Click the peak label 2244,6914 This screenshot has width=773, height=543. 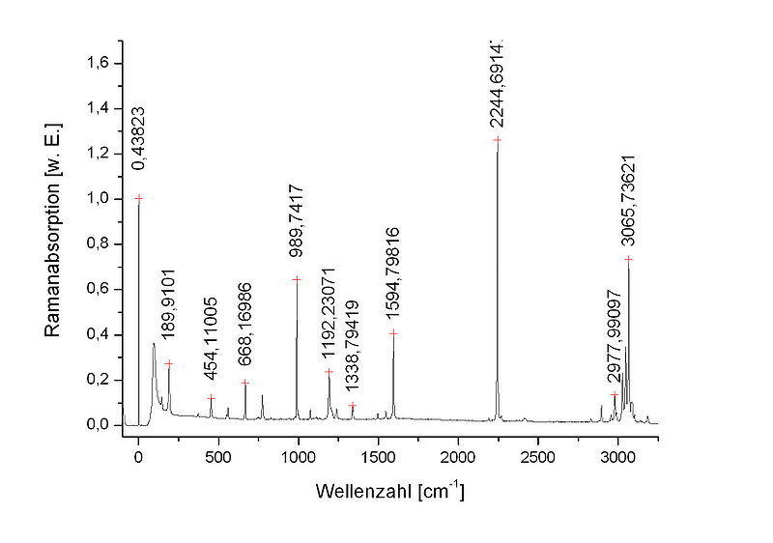(x=497, y=83)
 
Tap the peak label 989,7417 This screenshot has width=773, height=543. (x=297, y=221)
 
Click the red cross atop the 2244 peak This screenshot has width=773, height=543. (x=498, y=140)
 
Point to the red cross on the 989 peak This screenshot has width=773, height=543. (x=297, y=279)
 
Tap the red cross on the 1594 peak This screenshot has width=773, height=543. (x=393, y=333)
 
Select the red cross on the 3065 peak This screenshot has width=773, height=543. (x=628, y=259)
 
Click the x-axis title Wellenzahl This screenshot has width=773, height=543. (x=390, y=492)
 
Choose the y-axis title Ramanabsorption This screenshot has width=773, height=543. (x=53, y=229)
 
